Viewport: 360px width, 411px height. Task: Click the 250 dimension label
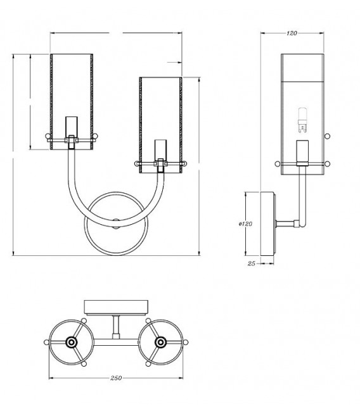(116, 377)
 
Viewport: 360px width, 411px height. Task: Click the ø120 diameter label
(245, 224)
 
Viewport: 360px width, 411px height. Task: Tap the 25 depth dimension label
(252, 263)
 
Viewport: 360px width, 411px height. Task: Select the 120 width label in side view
(292, 33)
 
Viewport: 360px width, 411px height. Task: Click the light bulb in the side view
(302, 120)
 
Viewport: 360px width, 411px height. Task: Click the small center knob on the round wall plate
(115, 224)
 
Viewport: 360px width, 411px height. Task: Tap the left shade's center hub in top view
(72, 342)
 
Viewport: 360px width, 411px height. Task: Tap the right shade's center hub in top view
(160, 342)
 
